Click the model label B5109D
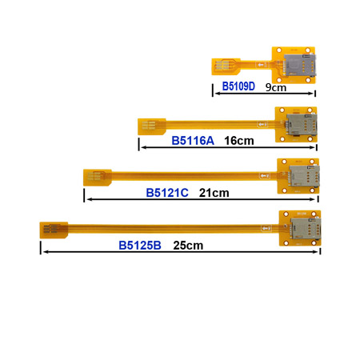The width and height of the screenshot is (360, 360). (x=238, y=86)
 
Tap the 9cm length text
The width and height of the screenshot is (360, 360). (x=276, y=87)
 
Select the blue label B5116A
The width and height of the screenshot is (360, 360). (x=193, y=141)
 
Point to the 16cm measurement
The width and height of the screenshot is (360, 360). (x=239, y=141)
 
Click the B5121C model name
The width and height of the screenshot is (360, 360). (x=167, y=193)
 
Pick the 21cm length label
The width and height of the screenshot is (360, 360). (x=214, y=193)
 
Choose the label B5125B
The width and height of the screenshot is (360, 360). (x=140, y=246)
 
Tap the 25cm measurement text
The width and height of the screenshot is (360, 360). (x=188, y=246)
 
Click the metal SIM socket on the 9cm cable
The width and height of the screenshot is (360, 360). (x=299, y=65)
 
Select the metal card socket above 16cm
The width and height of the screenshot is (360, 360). (x=302, y=124)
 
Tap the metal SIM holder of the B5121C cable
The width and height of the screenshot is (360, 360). (x=304, y=176)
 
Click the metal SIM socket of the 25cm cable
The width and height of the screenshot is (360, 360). (x=306, y=228)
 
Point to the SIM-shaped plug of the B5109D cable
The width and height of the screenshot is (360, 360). (x=226, y=66)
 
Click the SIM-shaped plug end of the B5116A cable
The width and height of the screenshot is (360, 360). (x=152, y=126)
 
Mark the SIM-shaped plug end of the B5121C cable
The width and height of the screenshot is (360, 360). (x=98, y=178)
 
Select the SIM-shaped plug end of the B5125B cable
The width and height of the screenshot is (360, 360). (x=54, y=230)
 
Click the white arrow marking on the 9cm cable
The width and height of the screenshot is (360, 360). (x=261, y=64)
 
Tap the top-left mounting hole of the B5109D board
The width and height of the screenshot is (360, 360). (x=279, y=50)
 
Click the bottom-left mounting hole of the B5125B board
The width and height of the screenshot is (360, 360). (x=286, y=243)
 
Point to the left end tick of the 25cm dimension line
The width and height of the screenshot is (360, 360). (x=41, y=248)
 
